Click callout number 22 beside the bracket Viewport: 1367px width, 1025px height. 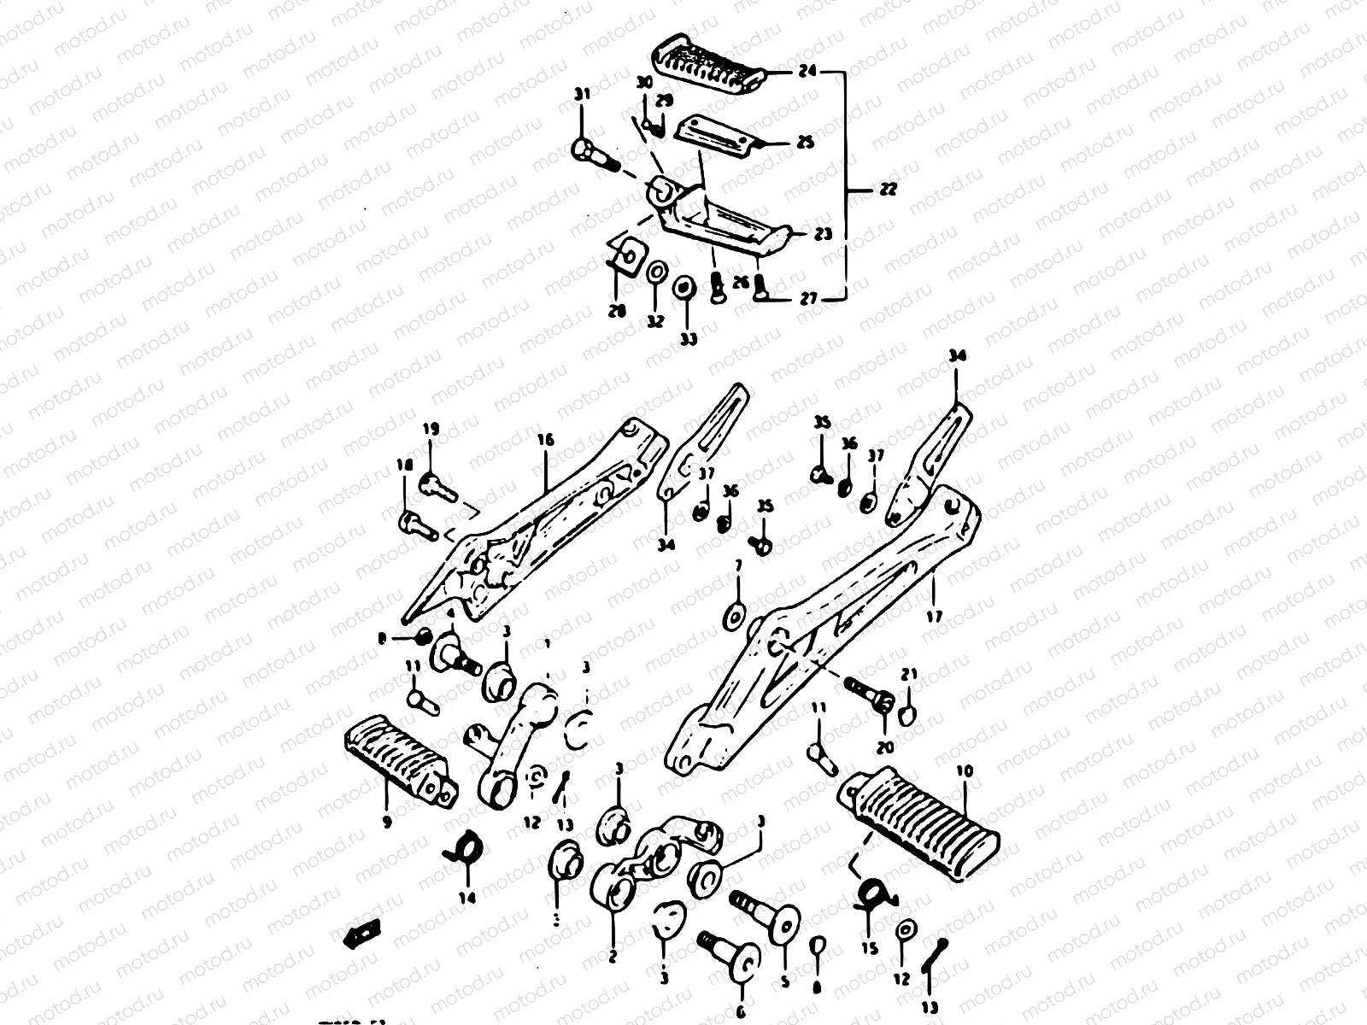(889, 190)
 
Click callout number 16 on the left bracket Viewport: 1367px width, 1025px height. (546, 440)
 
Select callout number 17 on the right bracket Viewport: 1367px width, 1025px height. (933, 615)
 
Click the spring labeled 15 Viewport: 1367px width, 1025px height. (871, 893)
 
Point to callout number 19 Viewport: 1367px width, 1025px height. (430, 428)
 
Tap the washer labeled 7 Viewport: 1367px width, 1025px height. (734, 614)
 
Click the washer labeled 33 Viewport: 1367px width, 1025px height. (683, 288)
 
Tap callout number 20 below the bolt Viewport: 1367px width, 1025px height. (884, 747)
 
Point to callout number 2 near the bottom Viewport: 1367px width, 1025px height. (613, 957)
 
